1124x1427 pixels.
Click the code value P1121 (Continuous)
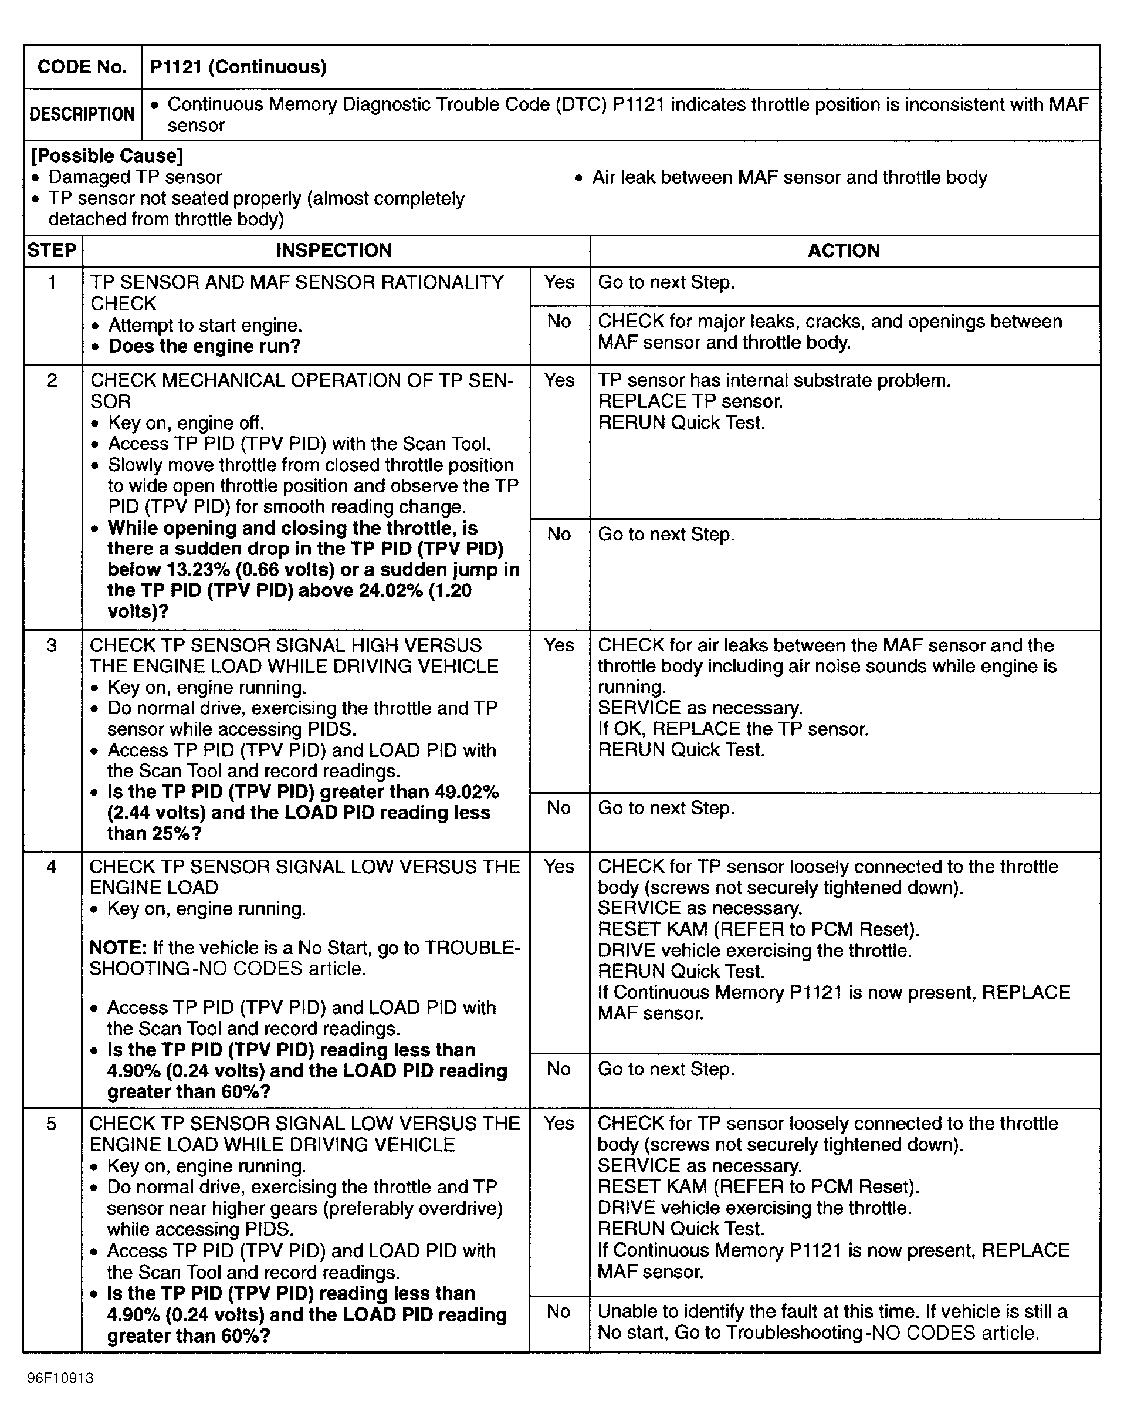coord(238,67)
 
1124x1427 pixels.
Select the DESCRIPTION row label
coord(82,114)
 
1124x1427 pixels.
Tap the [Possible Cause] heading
coord(107,156)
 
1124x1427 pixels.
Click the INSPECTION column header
coord(334,251)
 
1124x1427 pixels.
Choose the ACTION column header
coord(844,251)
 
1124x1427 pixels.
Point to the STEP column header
coord(52,251)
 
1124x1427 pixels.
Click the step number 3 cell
coord(52,645)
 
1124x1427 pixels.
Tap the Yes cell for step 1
coord(560,282)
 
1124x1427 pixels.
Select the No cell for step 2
coord(560,535)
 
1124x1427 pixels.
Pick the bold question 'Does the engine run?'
coord(204,346)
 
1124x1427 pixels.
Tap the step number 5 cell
coord(52,1124)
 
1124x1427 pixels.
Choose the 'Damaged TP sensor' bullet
coord(135,178)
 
